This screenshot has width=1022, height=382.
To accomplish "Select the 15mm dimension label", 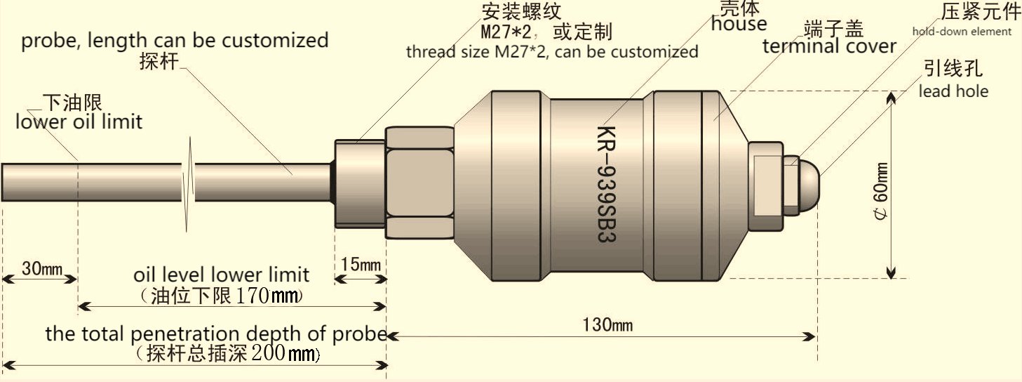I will click(x=361, y=265).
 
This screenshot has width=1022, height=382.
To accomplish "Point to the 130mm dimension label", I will click(x=607, y=324).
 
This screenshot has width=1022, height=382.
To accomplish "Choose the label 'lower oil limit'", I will click(x=79, y=122).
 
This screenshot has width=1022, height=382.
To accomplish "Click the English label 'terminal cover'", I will click(x=829, y=47).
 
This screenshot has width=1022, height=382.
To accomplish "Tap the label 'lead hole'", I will click(x=953, y=91).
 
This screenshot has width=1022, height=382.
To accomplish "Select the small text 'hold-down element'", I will click(x=962, y=32).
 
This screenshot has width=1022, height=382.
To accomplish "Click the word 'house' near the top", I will click(x=739, y=25).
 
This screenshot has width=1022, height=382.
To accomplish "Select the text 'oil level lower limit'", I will click(x=221, y=275).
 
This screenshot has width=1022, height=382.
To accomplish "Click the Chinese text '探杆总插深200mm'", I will click(x=228, y=353).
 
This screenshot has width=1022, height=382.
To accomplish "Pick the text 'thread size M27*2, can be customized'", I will click(x=552, y=51).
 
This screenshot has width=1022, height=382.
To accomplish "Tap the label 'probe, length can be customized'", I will click(x=175, y=40).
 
